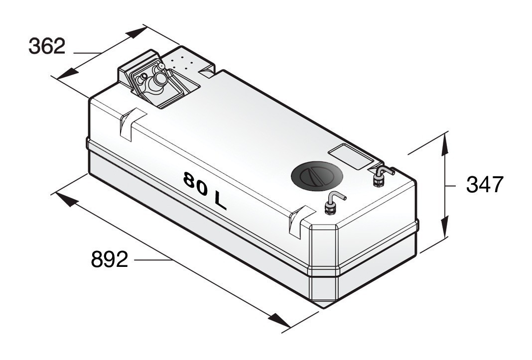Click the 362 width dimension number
tap(47, 46)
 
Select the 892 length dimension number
tap(109, 259)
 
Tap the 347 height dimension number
tap(485, 185)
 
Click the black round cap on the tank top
tap(316, 176)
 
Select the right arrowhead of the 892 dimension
tap(279, 321)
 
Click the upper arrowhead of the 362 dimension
tap(135, 33)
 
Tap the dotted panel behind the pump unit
tap(185, 61)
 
